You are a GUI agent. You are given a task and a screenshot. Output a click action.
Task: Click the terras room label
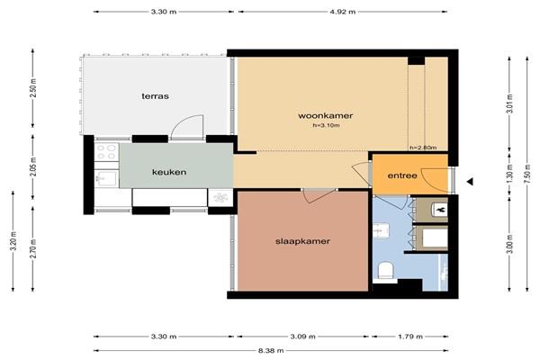click(156, 96)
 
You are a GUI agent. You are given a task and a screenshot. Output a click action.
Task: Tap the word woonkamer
click(326, 115)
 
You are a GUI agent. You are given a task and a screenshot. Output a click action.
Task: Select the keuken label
click(169, 172)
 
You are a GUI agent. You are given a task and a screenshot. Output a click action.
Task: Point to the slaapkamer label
click(302, 241)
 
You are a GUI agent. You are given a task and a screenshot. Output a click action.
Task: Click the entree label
click(402, 175)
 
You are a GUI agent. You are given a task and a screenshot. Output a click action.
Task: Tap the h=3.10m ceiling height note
click(326, 125)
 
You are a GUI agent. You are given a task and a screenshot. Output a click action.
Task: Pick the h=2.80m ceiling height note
click(423, 148)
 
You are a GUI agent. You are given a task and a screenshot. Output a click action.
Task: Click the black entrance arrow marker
click(470, 182)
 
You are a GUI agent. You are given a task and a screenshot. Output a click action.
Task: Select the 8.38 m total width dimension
click(271, 351)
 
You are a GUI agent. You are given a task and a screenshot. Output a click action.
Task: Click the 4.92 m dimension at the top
click(343, 12)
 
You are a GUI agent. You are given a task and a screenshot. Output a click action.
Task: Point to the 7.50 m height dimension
click(526, 175)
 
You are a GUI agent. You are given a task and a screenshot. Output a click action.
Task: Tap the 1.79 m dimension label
click(409, 337)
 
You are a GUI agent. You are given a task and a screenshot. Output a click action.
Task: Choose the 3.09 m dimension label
click(302, 337)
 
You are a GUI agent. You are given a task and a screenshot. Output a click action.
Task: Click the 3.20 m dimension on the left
click(13, 241)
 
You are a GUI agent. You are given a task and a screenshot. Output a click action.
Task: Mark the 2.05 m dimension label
click(32, 166)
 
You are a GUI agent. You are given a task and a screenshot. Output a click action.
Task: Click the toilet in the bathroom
click(385, 270)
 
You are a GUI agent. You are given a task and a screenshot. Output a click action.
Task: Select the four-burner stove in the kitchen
click(107, 152)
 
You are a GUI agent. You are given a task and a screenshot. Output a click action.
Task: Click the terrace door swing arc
click(187, 125)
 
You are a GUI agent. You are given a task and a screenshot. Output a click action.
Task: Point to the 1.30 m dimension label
click(510, 175)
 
